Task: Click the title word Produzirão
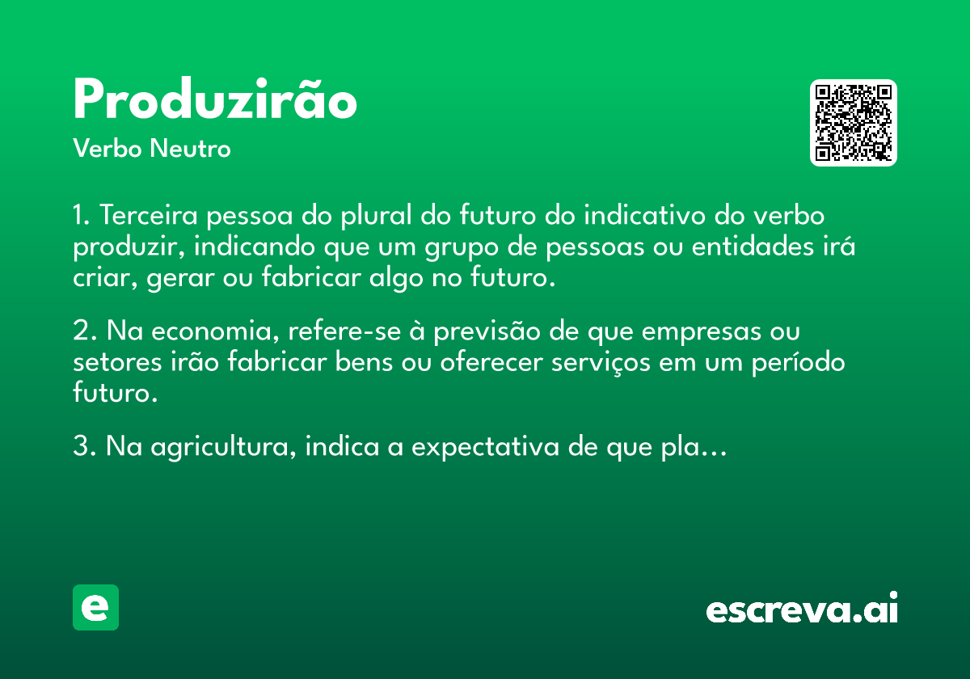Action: [x=215, y=99]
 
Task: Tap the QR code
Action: [x=853, y=123]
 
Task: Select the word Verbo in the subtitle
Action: [x=108, y=148]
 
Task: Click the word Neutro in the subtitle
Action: [x=190, y=148]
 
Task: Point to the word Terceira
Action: [x=149, y=215]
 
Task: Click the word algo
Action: [x=396, y=278]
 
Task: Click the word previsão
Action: [x=487, y=332]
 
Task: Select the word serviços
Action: [x=601, y=362]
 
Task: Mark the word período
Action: [x=798, y=363]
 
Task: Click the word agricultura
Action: [x=223, y=447]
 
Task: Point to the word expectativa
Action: [x=485, y=446]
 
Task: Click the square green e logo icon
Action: [x=95, y=607]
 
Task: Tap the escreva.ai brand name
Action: [x=802, y=607]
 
